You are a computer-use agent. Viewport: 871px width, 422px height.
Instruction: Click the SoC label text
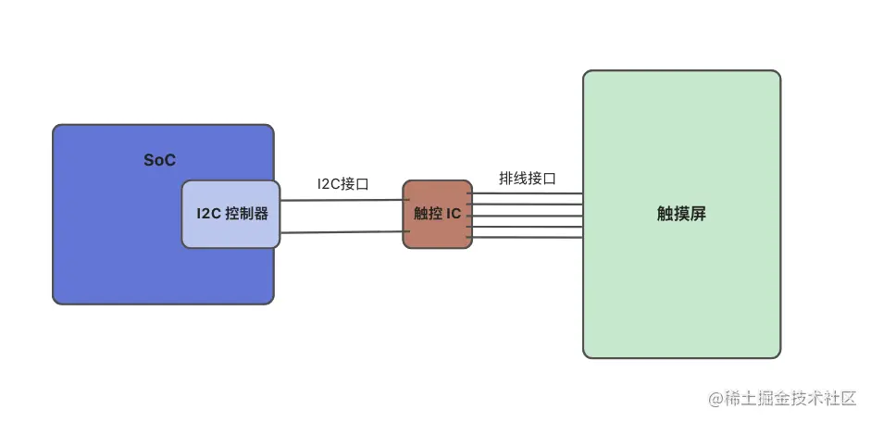[159, 160]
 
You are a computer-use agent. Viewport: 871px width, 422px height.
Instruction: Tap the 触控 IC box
[437, 214]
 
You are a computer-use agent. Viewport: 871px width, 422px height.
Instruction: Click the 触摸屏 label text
[681, 214]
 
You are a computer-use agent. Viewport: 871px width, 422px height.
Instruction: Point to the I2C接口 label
[342, 184]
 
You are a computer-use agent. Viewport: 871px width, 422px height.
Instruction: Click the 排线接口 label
[528, 179]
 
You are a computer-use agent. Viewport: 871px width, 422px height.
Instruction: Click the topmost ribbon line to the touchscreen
[528, 193]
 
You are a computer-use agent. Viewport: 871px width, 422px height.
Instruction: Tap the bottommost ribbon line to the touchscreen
[528, 237]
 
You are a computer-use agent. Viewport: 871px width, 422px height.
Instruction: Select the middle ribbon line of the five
[528, 216]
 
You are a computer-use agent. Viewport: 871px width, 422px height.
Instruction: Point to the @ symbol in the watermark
[715, 400]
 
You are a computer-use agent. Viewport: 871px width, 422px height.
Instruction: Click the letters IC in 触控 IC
[454, 214]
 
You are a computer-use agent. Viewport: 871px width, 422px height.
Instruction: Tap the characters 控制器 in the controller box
[247, 214]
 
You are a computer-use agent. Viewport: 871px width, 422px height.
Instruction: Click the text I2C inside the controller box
[208, 214]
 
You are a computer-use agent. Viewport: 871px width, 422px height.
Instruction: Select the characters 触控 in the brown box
[428, 214]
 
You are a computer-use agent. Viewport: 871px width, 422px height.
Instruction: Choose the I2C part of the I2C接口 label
[330, 184]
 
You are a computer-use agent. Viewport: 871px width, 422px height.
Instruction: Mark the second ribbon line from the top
[528, 205]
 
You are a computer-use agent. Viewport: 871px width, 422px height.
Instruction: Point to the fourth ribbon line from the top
[528, 226]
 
